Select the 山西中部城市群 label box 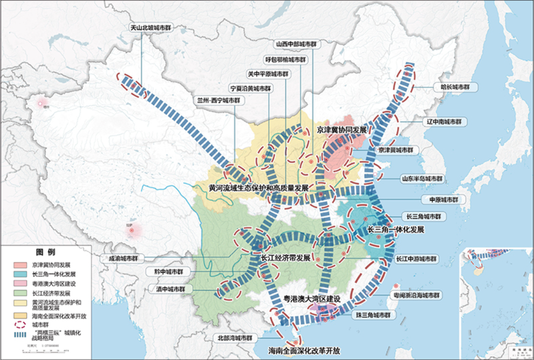(295, 44)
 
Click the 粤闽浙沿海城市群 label (416, 296)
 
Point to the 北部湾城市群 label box (235, 338)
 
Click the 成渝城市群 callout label (123, 258)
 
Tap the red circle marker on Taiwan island (396, 287)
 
